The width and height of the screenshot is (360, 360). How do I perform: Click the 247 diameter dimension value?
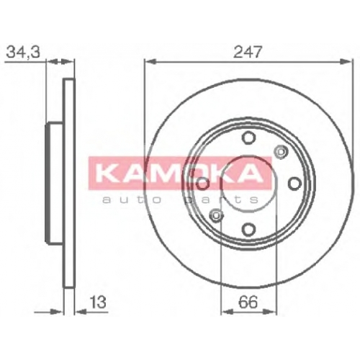coord(247,52)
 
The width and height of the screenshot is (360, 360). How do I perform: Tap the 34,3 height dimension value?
coord(23,52)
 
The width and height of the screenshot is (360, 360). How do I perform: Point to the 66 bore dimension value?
coord(248,302)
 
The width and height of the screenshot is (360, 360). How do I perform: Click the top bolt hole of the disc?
coord(248,138)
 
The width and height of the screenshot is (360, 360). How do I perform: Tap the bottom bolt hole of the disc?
coord(248,229)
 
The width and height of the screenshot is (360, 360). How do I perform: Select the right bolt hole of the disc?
coord(294,184)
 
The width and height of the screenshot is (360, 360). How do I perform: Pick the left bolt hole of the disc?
coord(203,184)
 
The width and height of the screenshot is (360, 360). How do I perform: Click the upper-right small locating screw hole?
coord(281,152)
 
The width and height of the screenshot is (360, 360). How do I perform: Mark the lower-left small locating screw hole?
coord(216,215)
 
